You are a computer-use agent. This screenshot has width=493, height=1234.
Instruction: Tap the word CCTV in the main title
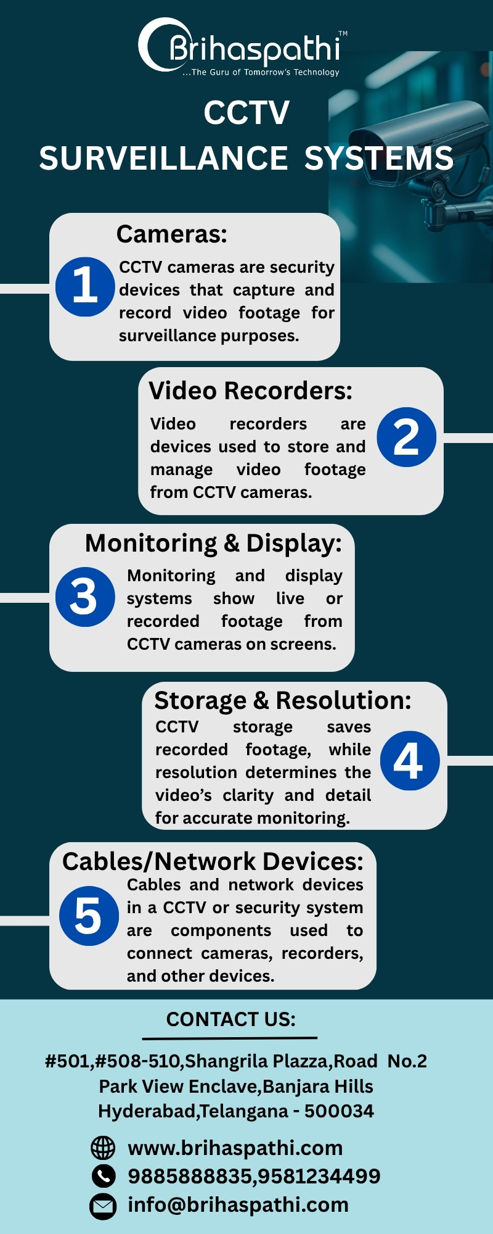pyautogui.click(x=246, y=113)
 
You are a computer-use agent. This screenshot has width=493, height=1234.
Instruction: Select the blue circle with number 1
pyautogui.click(x=85, y=286)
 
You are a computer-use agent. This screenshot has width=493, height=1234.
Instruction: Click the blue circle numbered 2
pyautogui.click(x=406, y=437)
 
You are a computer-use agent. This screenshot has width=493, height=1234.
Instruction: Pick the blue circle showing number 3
pyautogui.click(x=85, y=597)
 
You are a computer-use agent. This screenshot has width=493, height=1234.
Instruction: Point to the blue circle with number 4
pyautogui.click(x=410, y=760)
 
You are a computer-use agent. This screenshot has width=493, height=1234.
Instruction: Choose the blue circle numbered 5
pyautogui.click(x=89, y=916)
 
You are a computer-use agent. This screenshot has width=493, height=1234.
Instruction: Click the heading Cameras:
pyautogui.click(x=172, y=234)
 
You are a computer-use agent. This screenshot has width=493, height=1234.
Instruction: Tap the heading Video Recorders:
pyautogui.click(x=251, y=391)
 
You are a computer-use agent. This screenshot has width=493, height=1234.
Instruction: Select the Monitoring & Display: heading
pyautogui.click(x=213, y=543)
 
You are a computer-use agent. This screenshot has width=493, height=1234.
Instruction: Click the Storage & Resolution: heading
pyautogui.click(x=283, y=700)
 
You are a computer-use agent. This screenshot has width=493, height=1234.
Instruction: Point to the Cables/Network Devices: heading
pyautogui.click(x=213, y=861)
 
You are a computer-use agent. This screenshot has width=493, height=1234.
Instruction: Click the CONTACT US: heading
pyautogui.click(x=231, y=1019)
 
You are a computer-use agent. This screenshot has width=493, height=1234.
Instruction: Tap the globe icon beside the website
pyautogui.click(x=103, y=1148)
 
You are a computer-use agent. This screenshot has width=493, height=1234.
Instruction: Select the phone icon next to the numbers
pyautogui.click(x=103, y=1176)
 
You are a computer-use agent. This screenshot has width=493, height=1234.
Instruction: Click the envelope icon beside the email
pyautogui.click(x=103, y=1206)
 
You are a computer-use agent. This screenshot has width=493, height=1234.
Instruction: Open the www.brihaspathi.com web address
pyautogui.click(x=235, y=1148)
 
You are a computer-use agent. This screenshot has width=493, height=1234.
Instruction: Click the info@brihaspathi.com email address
pyautogui.click(x=238, y=1205)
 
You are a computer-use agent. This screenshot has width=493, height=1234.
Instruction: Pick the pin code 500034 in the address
pyautogui.click(x=339, y=1111)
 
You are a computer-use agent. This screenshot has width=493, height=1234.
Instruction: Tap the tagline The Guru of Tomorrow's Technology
pyautogui.click(x=265, y=72)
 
